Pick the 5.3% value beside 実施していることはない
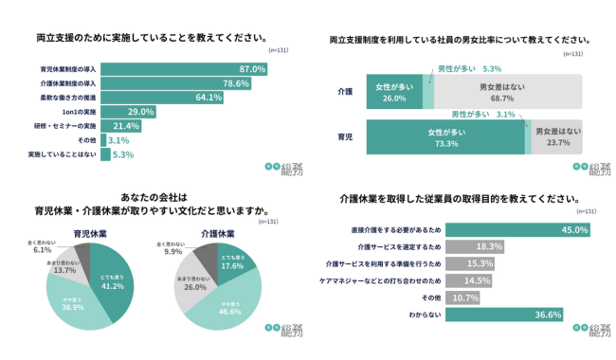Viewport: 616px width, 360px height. click(x=123, y=153)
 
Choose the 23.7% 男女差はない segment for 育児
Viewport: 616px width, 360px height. click(x=557, y=138)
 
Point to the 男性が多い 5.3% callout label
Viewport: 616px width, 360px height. click(x=469, y=69)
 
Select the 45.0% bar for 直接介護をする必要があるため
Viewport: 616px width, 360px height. click(x=516, y=230)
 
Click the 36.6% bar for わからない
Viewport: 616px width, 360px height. click(x=502, y=315)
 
